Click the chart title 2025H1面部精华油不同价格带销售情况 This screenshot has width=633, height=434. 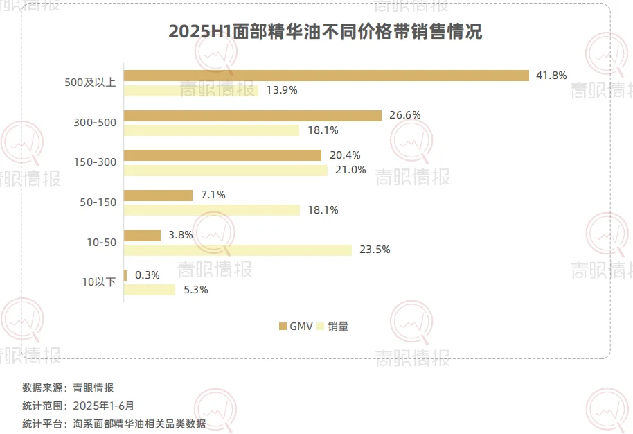click(x=325, y=32)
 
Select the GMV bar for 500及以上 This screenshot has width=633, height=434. click(x=326, y=75)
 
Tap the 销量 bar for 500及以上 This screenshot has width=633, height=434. click(x=191, y=90)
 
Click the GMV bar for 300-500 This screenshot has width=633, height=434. click(x=253, y=115)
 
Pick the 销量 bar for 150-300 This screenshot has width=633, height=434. click(x=226, y=170)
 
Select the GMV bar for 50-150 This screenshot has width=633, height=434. click(x=159, y=196)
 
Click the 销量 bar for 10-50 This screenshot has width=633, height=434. click(x=238, y=250)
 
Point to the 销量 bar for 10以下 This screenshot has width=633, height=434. click(x=150, y=290)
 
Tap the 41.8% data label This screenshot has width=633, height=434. click(x=551, y=75)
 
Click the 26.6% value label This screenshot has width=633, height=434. click(x=404, y=115)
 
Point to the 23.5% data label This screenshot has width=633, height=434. click(x=375, y=250)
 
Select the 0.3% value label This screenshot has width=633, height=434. click(x=148, y=275)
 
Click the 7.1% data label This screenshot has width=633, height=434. click(x=213, y=196)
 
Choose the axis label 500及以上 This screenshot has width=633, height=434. click(x=90, y=83)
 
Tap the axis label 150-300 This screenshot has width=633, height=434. click(x=95, y=162)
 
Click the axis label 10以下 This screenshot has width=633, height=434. click(x=99, y=282)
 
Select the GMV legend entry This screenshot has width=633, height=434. click(x=296, y=326)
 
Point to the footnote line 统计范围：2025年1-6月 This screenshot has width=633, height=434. click(x=78, y=406)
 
